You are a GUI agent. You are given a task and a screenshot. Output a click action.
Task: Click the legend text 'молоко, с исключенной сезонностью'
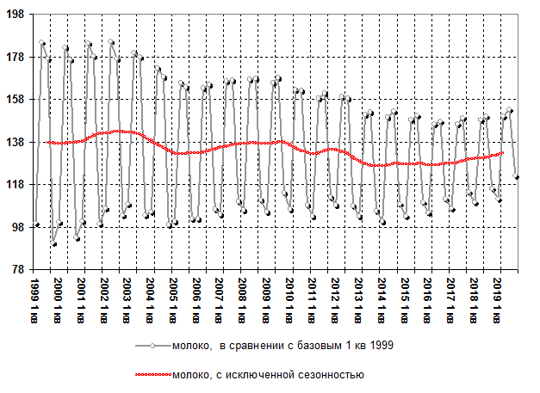tap(267, 375)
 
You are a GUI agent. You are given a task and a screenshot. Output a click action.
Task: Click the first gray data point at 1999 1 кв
tap(37, 225)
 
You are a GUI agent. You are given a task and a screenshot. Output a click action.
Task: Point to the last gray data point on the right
tap(516, 177)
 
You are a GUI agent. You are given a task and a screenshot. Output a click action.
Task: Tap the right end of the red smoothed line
tap(503, 153)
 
